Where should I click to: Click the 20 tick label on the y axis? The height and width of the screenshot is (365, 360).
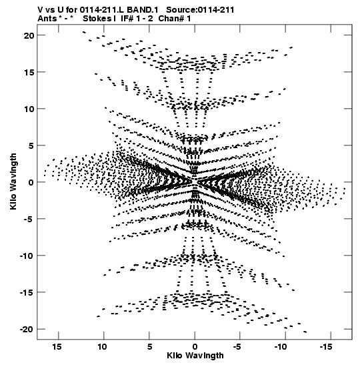[x=29, y=35]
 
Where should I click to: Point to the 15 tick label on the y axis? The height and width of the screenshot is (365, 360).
[x=29, y=72]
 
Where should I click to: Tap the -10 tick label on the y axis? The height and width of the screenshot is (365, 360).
[x=27, y=256]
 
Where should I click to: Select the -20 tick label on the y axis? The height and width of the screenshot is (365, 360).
[x=27, y=330]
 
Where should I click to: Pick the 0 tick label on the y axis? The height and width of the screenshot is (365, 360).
[x=31, y=183]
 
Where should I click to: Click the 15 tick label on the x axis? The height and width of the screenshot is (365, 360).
[x=57, y=346]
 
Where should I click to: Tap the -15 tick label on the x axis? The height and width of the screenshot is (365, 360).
[x=325, y=346]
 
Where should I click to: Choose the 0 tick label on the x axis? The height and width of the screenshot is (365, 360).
[x=195, y=346]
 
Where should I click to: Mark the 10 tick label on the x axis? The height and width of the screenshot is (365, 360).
[x=102, y=346]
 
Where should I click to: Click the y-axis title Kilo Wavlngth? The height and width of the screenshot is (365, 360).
[x=13, y=181]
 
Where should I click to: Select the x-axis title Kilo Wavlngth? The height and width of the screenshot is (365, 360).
[x=195, y=356]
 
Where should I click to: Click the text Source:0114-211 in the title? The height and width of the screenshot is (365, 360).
[x=200, y=10]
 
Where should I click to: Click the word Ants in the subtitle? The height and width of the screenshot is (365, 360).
[x=47, y=19]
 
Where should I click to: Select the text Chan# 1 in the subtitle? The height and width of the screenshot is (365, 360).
[x=175, y=19]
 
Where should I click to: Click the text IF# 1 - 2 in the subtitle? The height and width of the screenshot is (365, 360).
[x=137, y=19]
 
